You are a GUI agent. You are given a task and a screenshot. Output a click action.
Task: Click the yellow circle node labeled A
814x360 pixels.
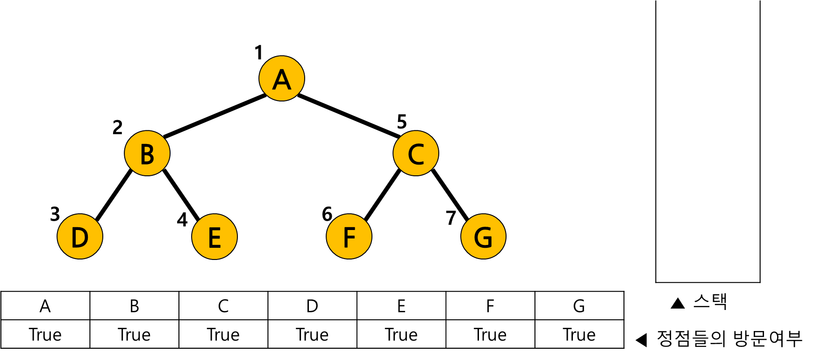[x=282, y=79]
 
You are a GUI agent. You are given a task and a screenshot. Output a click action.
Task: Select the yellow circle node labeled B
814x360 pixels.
[x=147, y=153]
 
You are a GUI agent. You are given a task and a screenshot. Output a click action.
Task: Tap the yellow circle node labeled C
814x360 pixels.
[x=416, y=153]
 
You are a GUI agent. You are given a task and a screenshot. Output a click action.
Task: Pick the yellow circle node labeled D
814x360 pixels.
[x=80, y=237]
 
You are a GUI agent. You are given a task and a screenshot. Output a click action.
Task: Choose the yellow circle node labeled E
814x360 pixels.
[x=214, y=237]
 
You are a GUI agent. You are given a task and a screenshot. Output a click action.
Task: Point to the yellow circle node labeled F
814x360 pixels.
[x=349, y=237]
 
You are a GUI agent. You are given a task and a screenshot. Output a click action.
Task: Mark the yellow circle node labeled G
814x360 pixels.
[x=483, y=237]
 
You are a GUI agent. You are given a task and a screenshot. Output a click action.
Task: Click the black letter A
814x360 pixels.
[x=282, y=79]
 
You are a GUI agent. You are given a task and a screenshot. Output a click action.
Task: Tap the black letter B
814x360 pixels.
[x=147, y=154]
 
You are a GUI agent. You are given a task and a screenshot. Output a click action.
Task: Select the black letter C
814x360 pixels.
[x=416, y=154]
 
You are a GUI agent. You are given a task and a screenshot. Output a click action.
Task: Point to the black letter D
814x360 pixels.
[x=80, y=238]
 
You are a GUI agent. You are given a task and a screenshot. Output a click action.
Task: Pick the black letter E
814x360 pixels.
[x=214, y=238]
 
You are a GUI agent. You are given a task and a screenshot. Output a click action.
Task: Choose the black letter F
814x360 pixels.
[x=349, y=238]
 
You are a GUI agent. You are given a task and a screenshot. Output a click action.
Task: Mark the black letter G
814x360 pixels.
[x=483, y=238]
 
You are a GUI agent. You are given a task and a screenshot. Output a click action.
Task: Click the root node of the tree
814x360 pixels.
[x=282, y=79]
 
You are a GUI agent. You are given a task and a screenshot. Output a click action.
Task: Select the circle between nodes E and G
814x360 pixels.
[x=349, y=237]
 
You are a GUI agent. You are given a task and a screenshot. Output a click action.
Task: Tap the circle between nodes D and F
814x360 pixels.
[x=214, y=237]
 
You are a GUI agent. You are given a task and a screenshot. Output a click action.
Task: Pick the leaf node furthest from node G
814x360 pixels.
[x=80, y=237]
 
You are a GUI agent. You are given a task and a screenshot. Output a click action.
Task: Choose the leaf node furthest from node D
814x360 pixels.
[x=483, y=237]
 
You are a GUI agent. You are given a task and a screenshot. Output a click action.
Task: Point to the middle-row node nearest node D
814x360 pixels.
[x=147, y=153]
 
